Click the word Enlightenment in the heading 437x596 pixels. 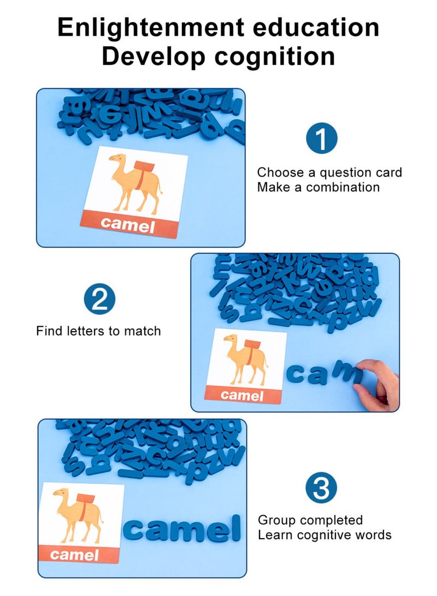151,27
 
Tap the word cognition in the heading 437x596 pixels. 274,56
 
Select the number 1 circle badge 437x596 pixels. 322,138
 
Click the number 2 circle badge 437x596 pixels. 99,299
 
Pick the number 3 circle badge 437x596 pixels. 321,488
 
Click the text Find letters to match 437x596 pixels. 98,331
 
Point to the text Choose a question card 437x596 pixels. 329,173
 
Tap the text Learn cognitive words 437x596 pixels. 324,535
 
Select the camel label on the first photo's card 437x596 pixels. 128,225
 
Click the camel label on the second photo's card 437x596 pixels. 242,396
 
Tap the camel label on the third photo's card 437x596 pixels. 74,555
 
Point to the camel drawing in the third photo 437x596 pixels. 79,514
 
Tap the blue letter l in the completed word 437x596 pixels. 236,527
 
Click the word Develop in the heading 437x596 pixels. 154,56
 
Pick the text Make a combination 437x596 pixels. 318,187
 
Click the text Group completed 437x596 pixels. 310,520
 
